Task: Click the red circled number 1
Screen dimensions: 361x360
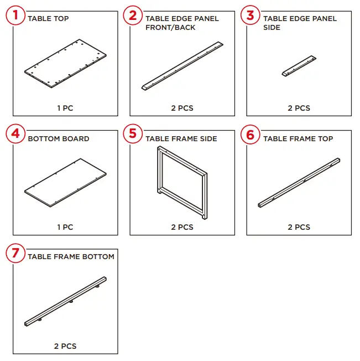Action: (x=16, y=15)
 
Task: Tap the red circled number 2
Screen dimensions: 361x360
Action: (x=133, y=15)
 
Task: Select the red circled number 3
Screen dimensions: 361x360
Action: (x=251, y=15)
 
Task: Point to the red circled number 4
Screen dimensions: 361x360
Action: (x=16, y=134)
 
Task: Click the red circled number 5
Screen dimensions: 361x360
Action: (x=133, y=134)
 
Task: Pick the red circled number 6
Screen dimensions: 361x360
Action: (x=251, y=134)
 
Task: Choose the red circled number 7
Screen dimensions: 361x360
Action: (x=16, y=253)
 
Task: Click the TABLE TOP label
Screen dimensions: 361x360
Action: (x=48, y=19)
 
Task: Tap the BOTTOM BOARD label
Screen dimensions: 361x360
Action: (x=58, y=138)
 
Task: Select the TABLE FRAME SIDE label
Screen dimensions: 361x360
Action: (x=181, y=138)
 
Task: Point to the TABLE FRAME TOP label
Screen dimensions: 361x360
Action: (x=298, y=138)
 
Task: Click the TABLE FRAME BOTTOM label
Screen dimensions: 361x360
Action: (x=71, y=257)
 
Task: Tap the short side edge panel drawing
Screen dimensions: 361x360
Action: (x=299, y=65)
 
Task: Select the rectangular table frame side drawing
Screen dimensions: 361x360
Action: (x=182, y=181)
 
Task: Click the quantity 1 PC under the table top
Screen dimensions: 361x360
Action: (x=65, y=108)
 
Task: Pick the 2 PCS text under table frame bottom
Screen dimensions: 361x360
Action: (x=65, y=346)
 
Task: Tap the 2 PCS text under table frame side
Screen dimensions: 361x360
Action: (x=182, y=227)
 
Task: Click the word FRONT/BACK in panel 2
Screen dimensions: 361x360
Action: (x=170, y=28)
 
